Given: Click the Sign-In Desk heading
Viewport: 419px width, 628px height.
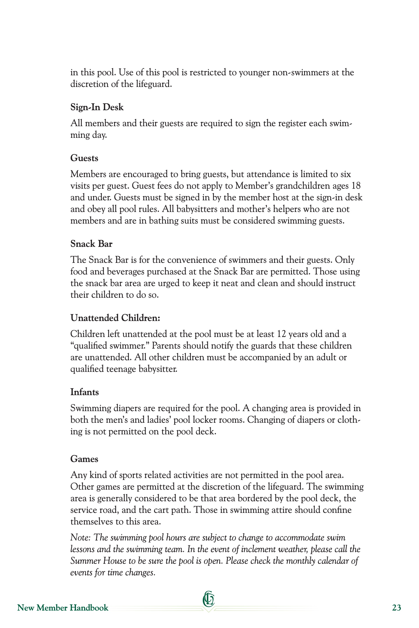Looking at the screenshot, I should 97,108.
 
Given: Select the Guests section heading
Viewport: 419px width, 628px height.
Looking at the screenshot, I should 84,158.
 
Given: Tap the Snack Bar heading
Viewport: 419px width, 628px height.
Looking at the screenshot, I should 91,244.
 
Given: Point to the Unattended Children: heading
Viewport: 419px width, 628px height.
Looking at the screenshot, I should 115,318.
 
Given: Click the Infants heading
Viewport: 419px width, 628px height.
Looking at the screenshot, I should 85,392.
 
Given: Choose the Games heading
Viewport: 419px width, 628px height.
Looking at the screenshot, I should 84,459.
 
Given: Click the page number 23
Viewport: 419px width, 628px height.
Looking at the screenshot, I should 396,608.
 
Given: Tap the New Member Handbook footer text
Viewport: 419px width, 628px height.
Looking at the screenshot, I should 63,608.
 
